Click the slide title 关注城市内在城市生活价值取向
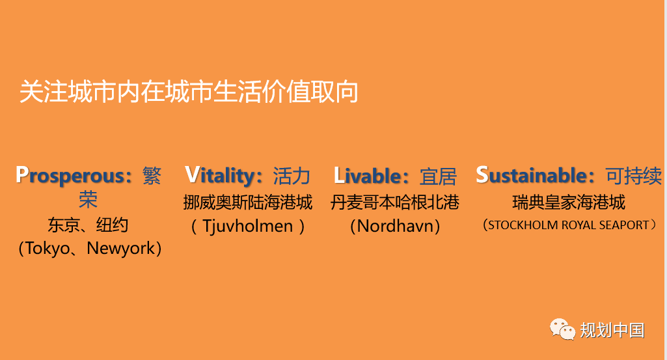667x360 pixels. pos(189,92)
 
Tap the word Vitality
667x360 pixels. pos(219,175)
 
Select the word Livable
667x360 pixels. pos(367,176)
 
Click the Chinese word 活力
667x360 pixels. pos(292,176)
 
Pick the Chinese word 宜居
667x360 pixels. pos(438,176)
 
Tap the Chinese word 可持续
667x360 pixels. pos(634,176)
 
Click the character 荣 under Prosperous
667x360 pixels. pos(88,199)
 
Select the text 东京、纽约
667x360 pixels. pos(88,225)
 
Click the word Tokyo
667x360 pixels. pos(48,248)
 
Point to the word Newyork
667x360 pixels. pos(121,248)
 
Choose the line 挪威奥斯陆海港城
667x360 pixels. pos(247,202)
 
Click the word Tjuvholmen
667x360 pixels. pos(247,226)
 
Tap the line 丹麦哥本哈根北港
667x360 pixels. pos(395,202)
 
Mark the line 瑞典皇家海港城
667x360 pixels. pos(569,202)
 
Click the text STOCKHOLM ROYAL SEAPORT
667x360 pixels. pos(569,225)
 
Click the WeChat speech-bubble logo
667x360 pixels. pos(562,329)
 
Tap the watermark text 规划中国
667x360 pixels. pos(612,330)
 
